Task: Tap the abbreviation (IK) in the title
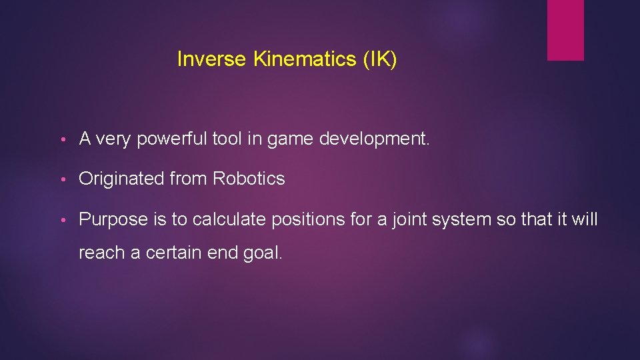point(380,59)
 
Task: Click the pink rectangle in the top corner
point(565,30)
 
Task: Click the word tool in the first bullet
point(228,139)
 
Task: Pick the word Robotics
point(249,179)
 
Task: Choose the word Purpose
point(111,219)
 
